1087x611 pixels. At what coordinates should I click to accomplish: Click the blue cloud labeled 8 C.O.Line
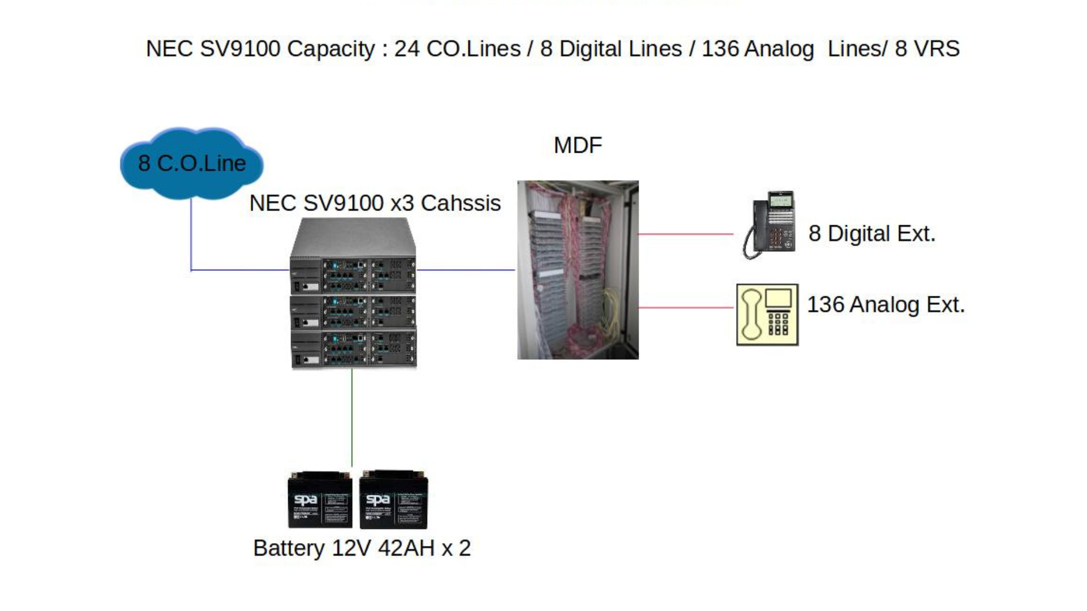click(191, 163)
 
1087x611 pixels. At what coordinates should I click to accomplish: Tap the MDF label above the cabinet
click(577, 145)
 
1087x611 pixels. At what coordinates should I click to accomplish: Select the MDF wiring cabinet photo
click(577, 270)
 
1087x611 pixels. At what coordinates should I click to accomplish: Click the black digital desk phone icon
click(771, 225)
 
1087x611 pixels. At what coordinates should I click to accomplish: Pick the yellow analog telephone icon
click(767, 315)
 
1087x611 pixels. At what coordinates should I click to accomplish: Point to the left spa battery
click(320, 500)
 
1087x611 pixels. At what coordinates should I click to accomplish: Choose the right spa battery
click(393, 500)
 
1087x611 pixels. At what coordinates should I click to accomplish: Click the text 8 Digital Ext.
click(872, 234)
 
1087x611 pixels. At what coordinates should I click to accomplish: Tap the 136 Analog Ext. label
click(885, 305)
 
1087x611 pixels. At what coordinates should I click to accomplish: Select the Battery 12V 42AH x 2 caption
click(362, 548)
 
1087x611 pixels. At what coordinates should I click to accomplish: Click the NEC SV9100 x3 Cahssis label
click(375, 203)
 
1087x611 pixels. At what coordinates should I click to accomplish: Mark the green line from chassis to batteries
click(352, 419)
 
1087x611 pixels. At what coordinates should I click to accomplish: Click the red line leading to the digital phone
click(686, 234)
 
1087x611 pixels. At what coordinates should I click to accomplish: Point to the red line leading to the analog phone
click(686, 308)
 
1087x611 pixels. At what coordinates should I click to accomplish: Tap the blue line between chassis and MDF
click(466, 270)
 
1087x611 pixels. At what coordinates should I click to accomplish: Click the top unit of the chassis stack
click(353, 266)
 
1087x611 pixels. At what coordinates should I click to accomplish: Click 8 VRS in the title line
click(927, 49)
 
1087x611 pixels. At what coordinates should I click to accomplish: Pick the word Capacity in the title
click(331, 49)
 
